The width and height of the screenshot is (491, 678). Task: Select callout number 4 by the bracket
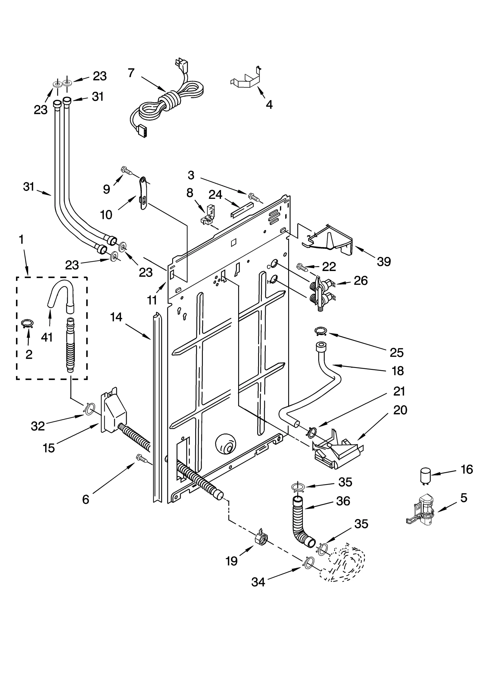pos(269,105)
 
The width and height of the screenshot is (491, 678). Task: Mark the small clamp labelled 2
pos(28,324)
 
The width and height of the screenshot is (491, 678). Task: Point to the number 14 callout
pos(116,317)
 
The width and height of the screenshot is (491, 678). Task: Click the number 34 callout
pos(258,582)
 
